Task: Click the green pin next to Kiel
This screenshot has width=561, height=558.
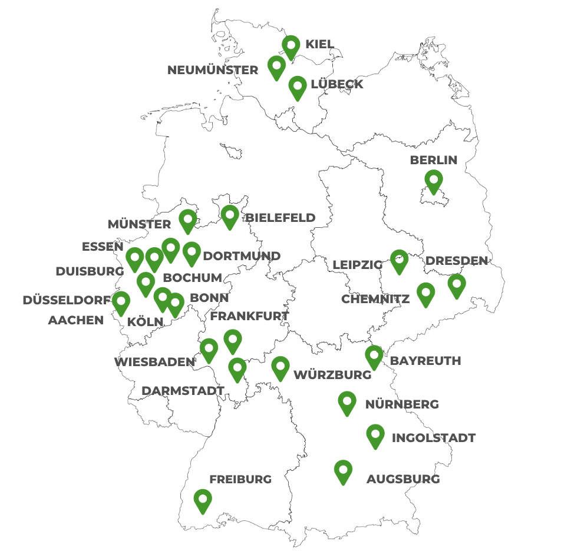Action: pyautogui.click(x=291, y=46)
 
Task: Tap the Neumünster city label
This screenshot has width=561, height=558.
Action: pyautogui.click(x=213, y=71)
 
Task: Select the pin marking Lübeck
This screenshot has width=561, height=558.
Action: pyautogui.click(x=298, y=87)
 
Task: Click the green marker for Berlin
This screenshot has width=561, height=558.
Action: pyautogui.click(x=434, y=180)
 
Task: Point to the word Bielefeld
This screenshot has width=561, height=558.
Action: pyautogui.click(x=280, y=218)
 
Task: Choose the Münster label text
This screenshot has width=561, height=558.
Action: pyautogui.click(x=139, y=224)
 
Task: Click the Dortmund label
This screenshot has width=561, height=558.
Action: pyautogui.click(x=242, y=256)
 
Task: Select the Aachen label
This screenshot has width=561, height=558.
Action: pyautogui.click(x=75, y=321)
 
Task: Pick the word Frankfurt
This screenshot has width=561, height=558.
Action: pyautogui.click(x=249, y=316)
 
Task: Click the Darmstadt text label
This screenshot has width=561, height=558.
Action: pyautogui.click(x=183, y=390)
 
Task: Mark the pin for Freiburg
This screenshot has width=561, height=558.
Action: pyautogui.click(x=202, y=500)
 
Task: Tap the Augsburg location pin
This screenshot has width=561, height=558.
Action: pyautogui.click(x=343, y=470)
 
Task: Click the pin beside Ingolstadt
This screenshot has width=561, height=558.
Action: pyautogui.click(x=375, y=434)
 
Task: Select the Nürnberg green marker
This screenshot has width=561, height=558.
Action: pyautogui.click(x=347, y=402)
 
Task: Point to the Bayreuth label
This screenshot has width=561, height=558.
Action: pyautogui.click(x=425, y=361)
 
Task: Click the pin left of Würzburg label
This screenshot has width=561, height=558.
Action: pyautogui.click(x=280, y=367)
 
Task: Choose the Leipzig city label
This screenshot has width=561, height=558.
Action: pyautogui.click(x=357, y=265)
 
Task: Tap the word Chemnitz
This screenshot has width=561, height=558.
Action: pyautogui.click(x=375, y=300)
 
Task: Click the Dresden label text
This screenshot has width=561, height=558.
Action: pyautogui.click(x=457, y=260)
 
